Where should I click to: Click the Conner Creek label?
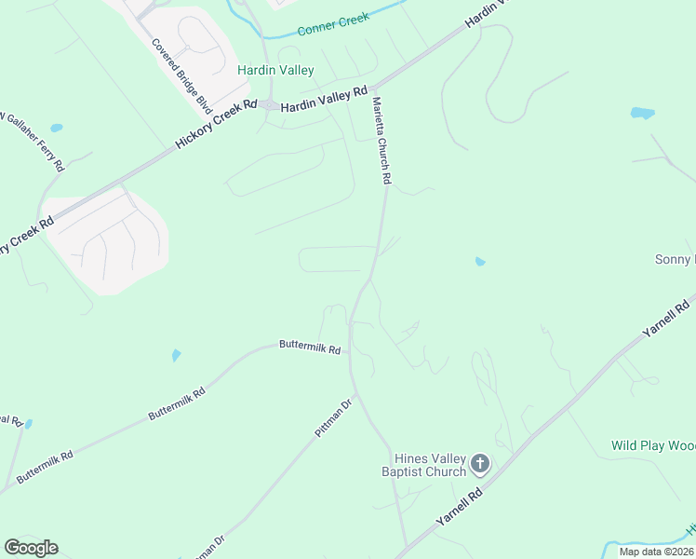[333, 24]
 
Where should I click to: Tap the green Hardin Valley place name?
[275, 70]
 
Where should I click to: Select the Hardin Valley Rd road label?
[324, 99]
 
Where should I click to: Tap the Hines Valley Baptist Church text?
[429, 464]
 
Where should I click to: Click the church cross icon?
[480, 463]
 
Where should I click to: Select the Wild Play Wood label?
[652, 445]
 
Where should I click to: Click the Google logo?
[31, 548]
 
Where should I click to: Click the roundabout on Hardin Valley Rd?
[268, 105]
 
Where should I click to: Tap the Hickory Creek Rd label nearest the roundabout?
[215, 125]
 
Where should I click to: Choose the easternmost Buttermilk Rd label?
[310, 347]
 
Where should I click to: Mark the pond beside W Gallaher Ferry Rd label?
[57, 128]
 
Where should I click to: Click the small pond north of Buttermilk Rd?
[176, 355]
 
